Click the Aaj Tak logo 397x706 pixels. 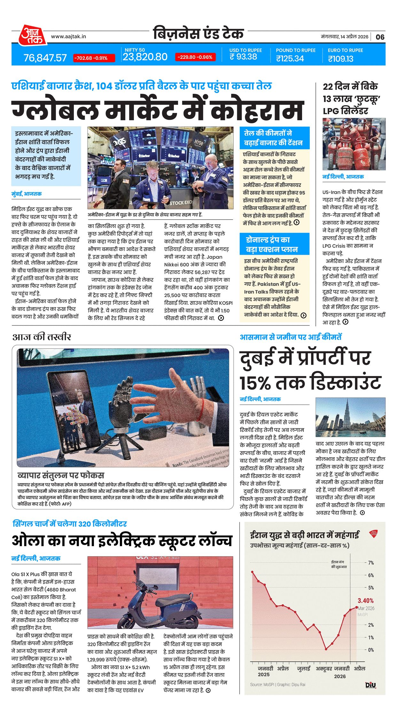click(32, 35)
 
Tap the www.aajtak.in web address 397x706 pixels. click(68, 36)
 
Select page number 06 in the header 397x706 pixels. click(380, 37)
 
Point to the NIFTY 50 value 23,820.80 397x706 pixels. click(145, 57)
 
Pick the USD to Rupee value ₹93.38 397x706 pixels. click(243, 57)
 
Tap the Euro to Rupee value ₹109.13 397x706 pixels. click(340, 59)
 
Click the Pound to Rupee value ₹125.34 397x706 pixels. click(290, 59)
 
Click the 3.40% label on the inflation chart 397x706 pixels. click(365, 600)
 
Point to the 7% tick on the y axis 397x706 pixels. click(371, 562)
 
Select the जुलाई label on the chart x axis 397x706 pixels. click(304, 668)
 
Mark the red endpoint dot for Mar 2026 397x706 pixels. click(357, 607)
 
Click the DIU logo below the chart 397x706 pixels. click(370, 685)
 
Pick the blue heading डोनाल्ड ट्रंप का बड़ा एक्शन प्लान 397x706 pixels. click(274, 244)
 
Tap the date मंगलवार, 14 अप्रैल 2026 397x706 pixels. click(345, 37)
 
